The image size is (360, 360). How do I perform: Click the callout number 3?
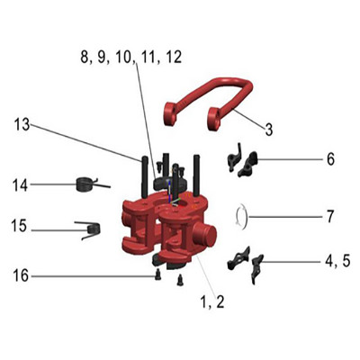click(x=269, y=130)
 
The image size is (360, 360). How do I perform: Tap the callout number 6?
click(x=330, y=159)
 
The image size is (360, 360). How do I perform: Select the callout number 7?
click(x=330, y=217)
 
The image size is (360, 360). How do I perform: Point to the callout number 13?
click(x=22, y=124)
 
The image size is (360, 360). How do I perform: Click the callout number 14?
click(x=21, y=185)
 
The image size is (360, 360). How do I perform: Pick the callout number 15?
click(x=19, y=226)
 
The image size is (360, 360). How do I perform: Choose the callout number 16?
click(x=21, y=275)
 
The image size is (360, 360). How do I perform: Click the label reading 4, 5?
click(x=337, y=262)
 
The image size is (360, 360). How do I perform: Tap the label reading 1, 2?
click(x=212, y=301)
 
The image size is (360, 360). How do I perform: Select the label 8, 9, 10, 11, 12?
click(x=131, y=57)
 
